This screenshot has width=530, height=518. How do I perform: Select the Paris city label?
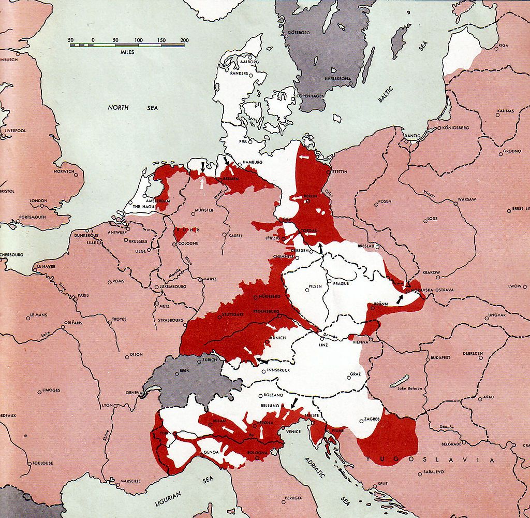pyautogui.click(x=83, y=295)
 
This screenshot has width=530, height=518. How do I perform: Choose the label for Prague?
pyautogui.click(x=341, y=283)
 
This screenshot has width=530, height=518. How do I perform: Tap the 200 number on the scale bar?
pyautogui.click(x=184, y=40)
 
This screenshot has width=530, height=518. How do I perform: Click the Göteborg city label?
pyautogui.click(x=299, y=32)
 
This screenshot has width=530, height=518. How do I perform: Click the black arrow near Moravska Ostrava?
pyautogui.click(x=399, y=299)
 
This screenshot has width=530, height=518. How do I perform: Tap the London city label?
pyautogui.click(x=38, y=200)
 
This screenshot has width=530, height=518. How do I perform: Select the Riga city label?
pyautogui.click(x=504, y=46)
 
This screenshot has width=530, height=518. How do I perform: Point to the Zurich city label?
pyautogui.click(x=210, y=359)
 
